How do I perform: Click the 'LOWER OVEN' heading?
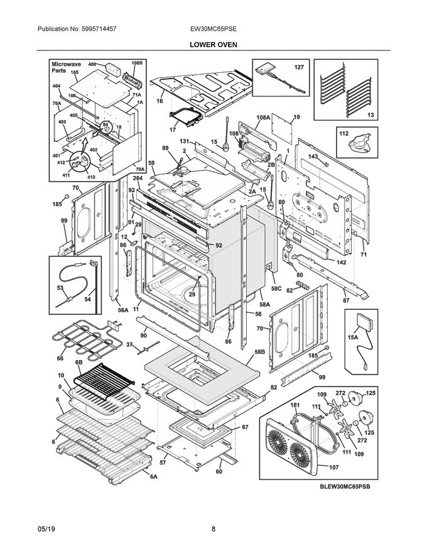(213, 45)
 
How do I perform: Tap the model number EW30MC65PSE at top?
(213, 29)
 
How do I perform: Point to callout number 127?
(299, 67)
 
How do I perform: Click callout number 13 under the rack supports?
(370, 115)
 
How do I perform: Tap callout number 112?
(343, 133)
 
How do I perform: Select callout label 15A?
(353, 337)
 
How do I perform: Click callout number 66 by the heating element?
(60, 359)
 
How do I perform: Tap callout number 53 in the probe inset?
(60, 287)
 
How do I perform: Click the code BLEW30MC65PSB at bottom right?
(344, 486)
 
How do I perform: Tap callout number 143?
(313, 156)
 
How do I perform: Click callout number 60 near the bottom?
(219, 471)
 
